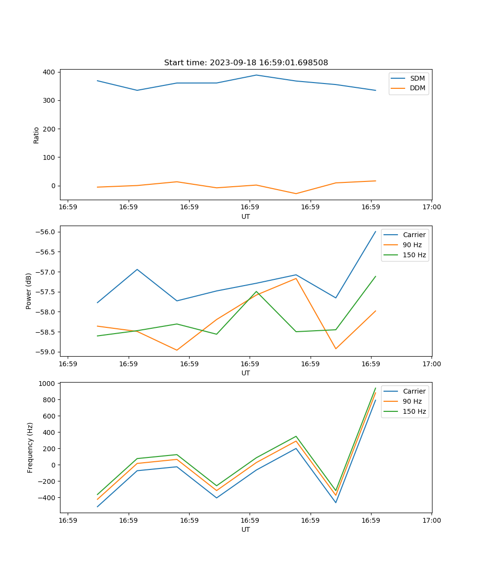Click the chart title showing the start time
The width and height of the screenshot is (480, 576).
pyautogui.click(x=246, y=63)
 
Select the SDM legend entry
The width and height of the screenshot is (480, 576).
pyautogui.click(x=417, y=78)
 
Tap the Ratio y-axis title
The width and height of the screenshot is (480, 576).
pyautogui.click(x=36, y=135)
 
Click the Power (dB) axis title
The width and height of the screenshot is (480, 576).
pyautogui.click(x=29, y=291)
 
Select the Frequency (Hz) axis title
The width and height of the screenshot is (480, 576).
pyautogui.click(x=30, y=447)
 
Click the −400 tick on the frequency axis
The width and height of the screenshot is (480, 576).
pyautogui.click(x=48, y=498)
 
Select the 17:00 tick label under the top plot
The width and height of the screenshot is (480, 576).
pyautogui.click(x=432, y=207)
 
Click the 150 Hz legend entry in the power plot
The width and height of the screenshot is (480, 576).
pyautogui.click(x=414, y=255)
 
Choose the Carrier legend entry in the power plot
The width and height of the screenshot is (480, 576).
pyautogui.click(x=414, y=235)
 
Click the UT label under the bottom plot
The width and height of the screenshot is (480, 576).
pyautogui.click(x=246, y=529)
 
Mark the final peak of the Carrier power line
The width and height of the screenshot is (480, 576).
pyautogui.click(x=375, y=231)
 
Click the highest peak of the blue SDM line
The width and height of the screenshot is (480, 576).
pyautogui.click(x=256, y=75)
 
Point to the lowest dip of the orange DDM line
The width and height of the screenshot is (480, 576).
pyautogui.click(x=296, y=193)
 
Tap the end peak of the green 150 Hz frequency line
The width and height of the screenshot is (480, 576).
pyautogui.click(x=375, y=388)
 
